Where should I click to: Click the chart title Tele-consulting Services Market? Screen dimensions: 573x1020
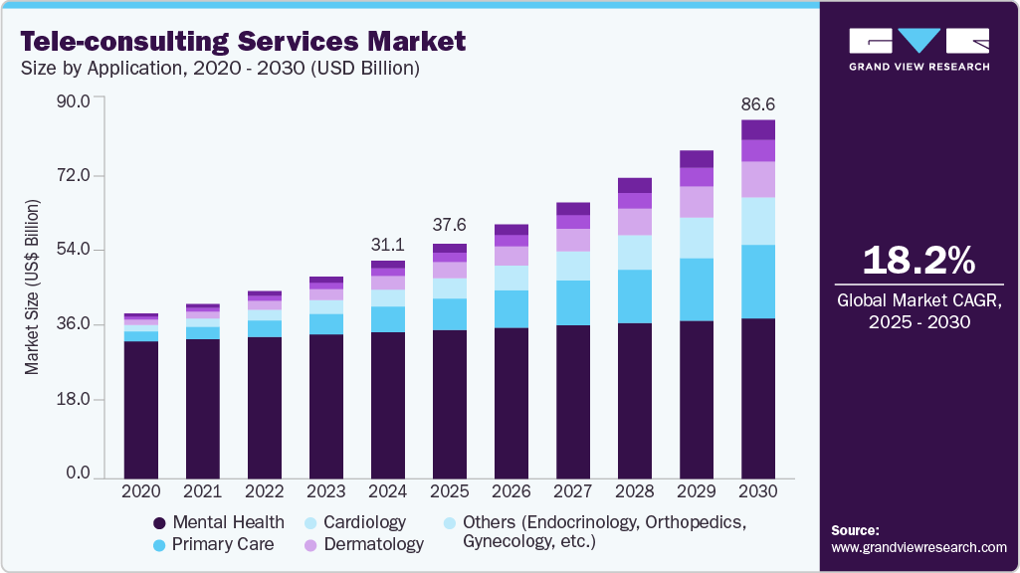coord(243,41)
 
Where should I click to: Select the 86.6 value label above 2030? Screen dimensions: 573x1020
coord(758,103)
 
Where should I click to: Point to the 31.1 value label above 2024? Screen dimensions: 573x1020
coord(387,244)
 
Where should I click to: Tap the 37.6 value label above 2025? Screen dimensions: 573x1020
coord(450,224)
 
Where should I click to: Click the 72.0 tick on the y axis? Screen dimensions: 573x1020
coord(72,175)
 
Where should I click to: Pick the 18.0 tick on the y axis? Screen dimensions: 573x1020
coord(72,400)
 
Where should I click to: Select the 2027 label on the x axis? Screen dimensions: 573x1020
coord(573,491)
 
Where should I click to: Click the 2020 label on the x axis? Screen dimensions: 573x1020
coord(140,491)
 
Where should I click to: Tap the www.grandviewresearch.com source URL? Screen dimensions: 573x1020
coord(918,547)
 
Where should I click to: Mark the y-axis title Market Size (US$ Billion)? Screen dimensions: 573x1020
coord(32,287)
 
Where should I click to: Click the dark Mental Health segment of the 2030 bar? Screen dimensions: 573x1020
coord(758,398)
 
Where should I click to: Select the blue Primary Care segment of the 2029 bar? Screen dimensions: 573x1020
coord(697,289)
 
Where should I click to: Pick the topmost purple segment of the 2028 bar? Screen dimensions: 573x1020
coord(635,185)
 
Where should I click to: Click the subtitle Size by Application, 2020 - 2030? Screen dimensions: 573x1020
coord(221,69)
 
